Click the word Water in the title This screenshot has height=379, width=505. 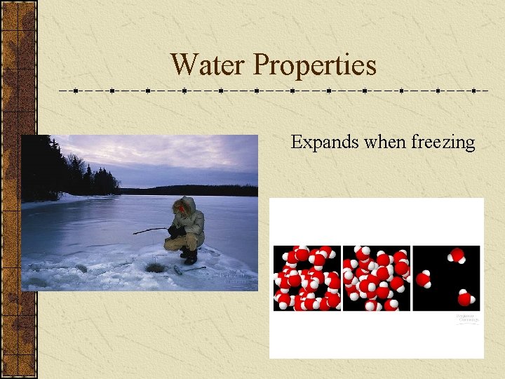coord(208,65)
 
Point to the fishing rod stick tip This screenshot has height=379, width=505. coord(135,232)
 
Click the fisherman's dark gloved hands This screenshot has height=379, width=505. coord(173,230)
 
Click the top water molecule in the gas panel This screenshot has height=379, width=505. coord(457,255)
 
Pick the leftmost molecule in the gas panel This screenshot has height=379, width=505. coord(424,279)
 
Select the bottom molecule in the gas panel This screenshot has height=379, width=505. coord(465,298)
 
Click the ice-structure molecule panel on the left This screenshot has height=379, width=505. coord(307,278)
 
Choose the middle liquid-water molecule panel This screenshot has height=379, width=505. coord(376,278)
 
